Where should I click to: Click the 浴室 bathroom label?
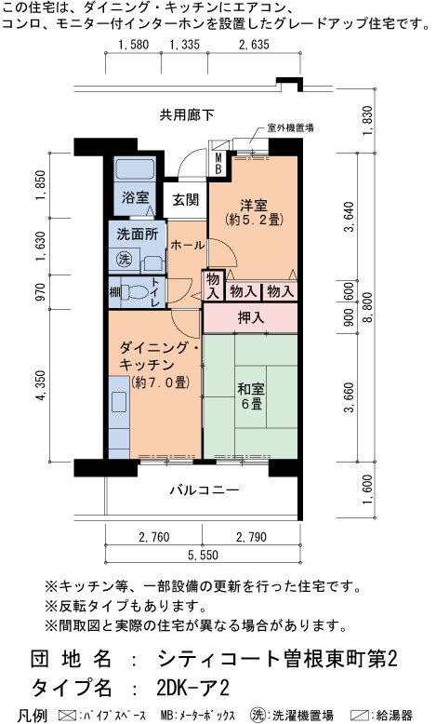pyautogui.click(x=135, y=198)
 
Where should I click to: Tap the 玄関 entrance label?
pyautogui.click(x=186, y=200)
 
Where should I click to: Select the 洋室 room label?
pyautogui.click(x=253, y=205)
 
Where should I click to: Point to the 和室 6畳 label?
pyautogui.click(x=251, y=396)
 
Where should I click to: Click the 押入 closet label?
pyautogui.click(x=250, y=317)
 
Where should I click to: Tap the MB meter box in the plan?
pyautogui.click(x=218, y=164)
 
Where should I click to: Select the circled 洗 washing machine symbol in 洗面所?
pyautogui.click(x=124, y=259)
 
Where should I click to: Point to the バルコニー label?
pyautogui.click(x=204, y=489)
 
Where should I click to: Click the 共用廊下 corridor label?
pyautogui.click(x=187, y=114)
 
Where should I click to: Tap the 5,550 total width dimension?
pyautogui.click(x=203, y=555)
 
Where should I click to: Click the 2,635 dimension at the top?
pyautogui.click(x=254, y=45)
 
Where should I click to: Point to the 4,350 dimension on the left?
pyautogui.click(x=41, y=385)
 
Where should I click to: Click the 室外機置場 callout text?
pyautogui.click(x=291, y=127)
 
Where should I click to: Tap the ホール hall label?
pyautogui.click(x=187, y=245)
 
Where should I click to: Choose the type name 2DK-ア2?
pyautogui.click(x=192, y=689)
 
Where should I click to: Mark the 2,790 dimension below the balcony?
pyautogui.click(x=251, y=537)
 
